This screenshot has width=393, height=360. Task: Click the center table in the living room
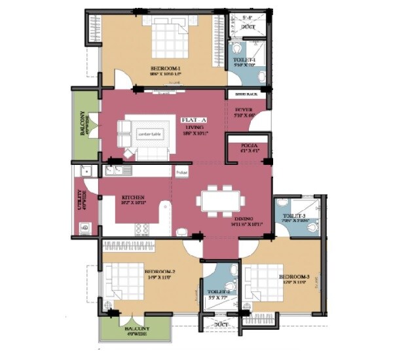(149, 134)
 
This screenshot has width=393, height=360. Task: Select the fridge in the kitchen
(181, 173)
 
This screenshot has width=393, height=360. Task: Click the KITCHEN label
(133, 197)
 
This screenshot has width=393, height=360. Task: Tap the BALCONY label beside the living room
(82, 124)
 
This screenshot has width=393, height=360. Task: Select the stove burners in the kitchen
(141, 228)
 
